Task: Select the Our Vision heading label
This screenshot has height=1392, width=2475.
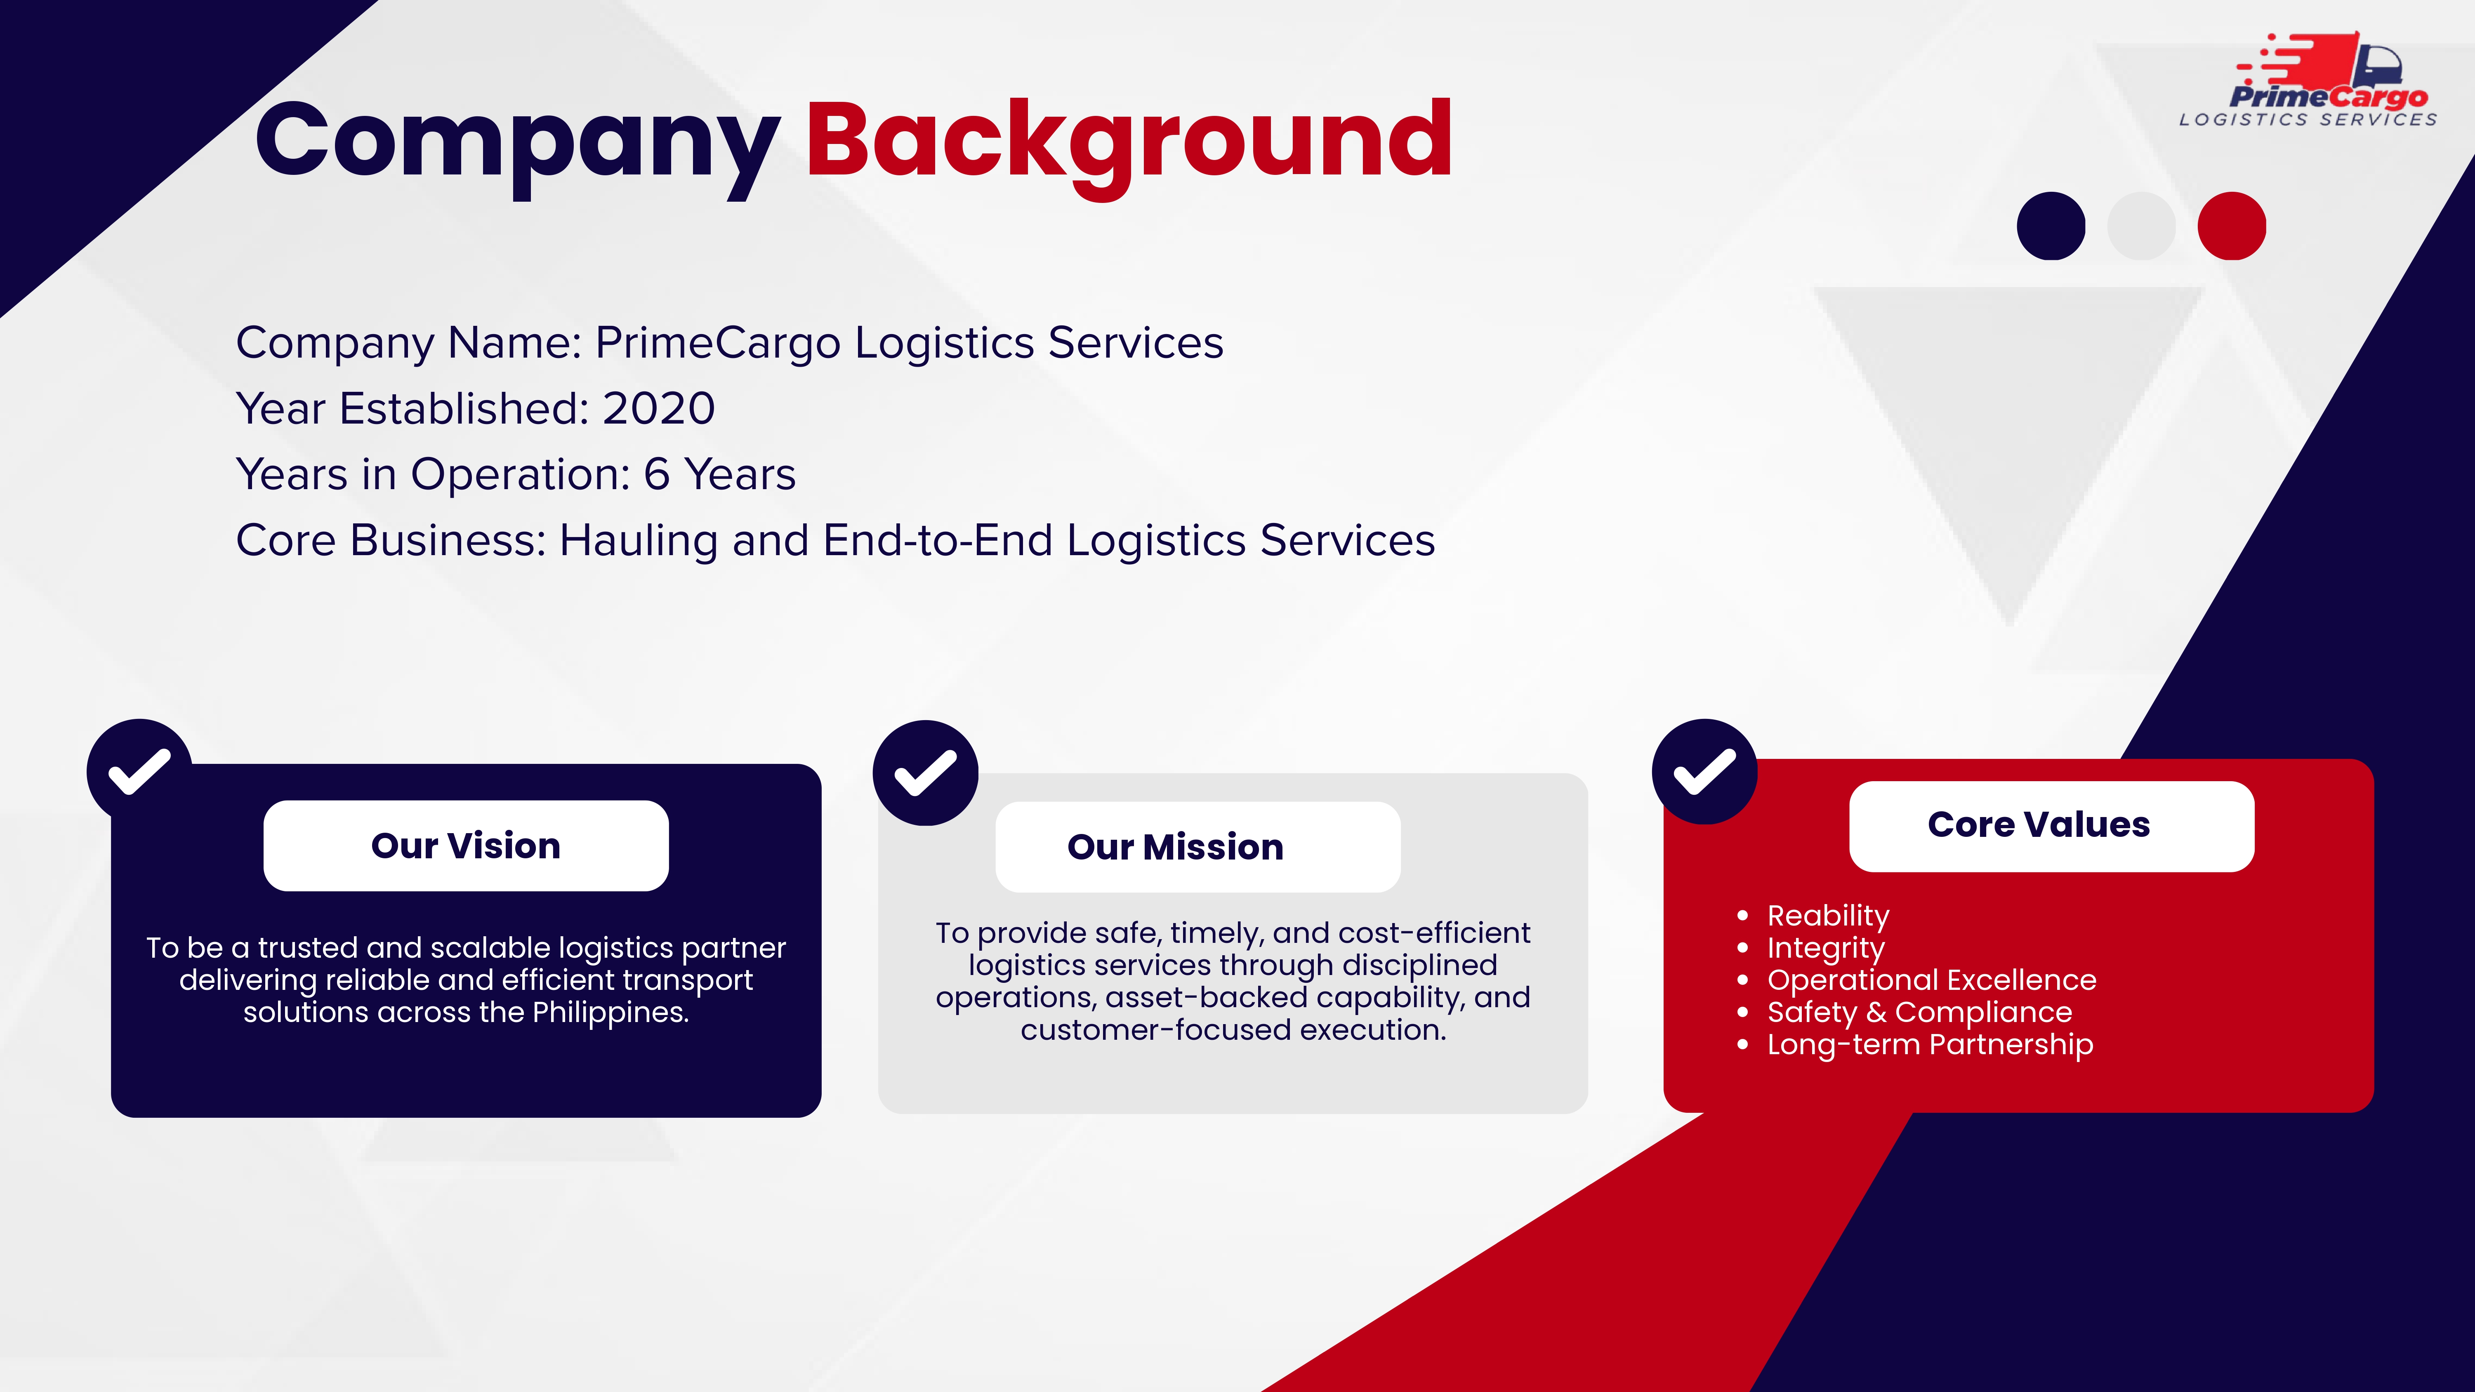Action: coord(466,846)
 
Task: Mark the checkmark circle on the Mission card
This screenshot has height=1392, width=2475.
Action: coord(925,773)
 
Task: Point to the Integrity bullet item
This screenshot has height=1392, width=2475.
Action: coord(1825,948)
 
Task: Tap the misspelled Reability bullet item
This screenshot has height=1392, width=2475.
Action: coord(1827,916)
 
